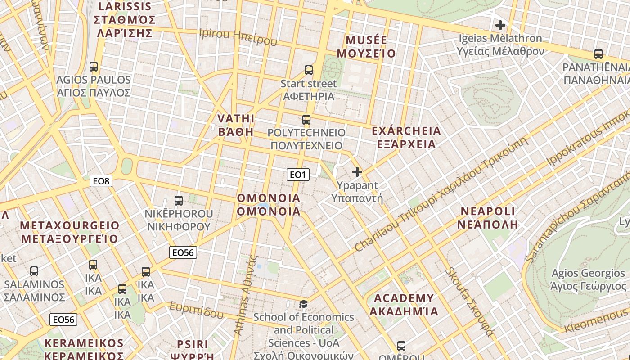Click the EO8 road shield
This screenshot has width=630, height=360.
pyautogui.click(x=101, y=181)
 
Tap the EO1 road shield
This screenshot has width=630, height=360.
pyautogui.click(x=298, y=175)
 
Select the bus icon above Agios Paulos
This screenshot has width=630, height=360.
pyautogui.click(x=94, y=67)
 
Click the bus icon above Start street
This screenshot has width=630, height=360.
pyautogui.click(x=308, y=70)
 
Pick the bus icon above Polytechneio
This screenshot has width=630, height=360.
pyautogui.click(x=306, y=120)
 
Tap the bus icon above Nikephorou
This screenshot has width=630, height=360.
pyautogui.click(x=179, y=201)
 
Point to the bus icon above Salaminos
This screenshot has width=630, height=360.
pyautogui.click(x=34, y=271)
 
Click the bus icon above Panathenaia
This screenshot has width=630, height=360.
pyautogui.click(x=598, y=54)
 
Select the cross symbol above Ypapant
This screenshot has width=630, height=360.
pyautogui.click(x=357, y=172)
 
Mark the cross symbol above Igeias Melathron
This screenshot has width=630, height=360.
pyautogui.click(x=500, y=25)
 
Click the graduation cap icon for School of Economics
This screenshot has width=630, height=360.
pyautogui.click(x=304, y=304)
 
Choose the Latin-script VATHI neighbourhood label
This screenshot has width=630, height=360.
pyautogui.click(x=236, y=119)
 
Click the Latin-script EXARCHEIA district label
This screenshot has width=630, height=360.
pyautogui.click(x=406, y=131)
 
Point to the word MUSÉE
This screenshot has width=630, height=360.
pyautogui.click(x=366, y=40)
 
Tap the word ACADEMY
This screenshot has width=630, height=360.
pyautogui.click(x=404, y=298)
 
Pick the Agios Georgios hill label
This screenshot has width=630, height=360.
pyautogui.click(x=588, y=273)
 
